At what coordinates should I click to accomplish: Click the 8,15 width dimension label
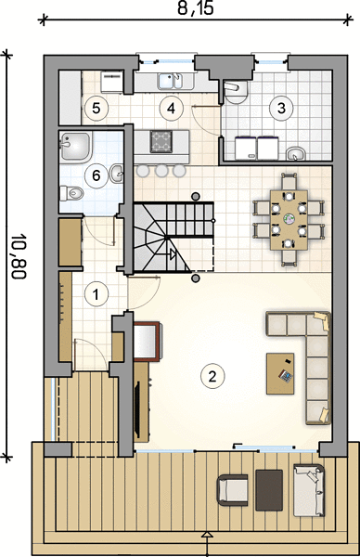coord(196,7)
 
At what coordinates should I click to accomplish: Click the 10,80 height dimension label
coord(19,256)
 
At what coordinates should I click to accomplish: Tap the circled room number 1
coord(96,294)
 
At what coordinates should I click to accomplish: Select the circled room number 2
coord(212,376)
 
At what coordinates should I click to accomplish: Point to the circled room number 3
coord(281,108)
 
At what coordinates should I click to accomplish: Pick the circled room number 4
coord(171,108)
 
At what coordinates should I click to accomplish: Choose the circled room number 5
coord(96,108)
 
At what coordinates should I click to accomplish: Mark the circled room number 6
coord(96,175)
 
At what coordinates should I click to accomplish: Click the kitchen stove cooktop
coord(161,142)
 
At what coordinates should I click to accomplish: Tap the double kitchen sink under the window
coord(171,82)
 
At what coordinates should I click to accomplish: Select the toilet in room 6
coord(71,193)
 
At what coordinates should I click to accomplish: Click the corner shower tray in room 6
coord(76,147)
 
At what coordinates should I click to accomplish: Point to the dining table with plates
coord(289,220)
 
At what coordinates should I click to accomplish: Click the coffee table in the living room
coord(280,373)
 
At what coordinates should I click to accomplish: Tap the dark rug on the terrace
coord(269,490)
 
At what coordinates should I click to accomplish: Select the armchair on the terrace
coord(233,490)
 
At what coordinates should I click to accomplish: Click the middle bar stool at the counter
coord(161,171)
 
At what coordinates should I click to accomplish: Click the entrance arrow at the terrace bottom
coord(207,534)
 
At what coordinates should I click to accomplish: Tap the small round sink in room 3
coord(296,154)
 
